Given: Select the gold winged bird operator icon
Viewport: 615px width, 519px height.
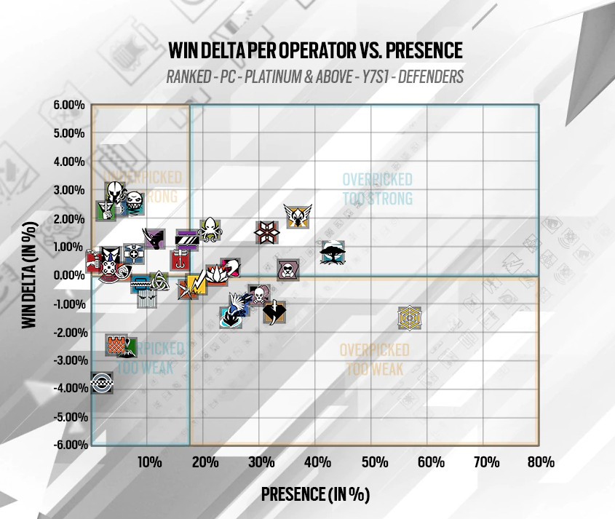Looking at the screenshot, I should (297, 215).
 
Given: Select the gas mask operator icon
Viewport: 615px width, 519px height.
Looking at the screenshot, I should (288, 270).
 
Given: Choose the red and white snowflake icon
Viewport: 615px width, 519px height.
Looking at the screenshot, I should (267, 231).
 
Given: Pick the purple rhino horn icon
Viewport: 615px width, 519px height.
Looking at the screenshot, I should (154, 237).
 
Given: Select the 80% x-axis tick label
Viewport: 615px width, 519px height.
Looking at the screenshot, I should (542, 462).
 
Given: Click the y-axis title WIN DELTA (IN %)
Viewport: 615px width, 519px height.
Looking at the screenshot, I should (29, 275).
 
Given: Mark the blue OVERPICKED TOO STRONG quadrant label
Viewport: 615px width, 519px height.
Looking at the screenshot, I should (377, 189).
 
